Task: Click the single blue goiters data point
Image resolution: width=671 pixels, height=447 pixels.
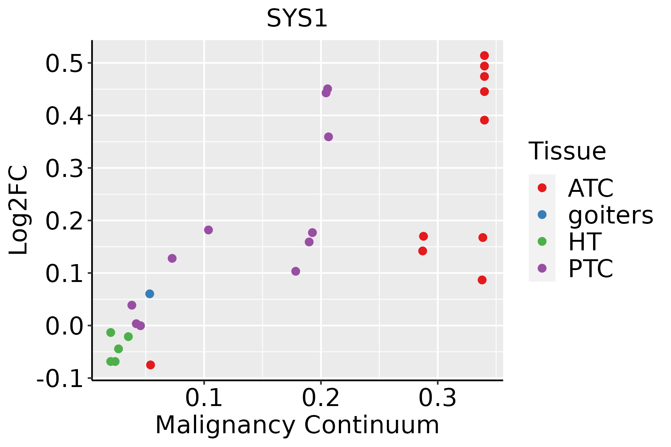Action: click(x=149, y=294)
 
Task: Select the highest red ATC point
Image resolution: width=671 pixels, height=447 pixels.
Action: click(x=484, y=56)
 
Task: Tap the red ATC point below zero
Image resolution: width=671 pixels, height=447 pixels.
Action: click(x=150, y=365)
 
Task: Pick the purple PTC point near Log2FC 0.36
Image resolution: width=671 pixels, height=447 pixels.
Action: click(x=328, y=137)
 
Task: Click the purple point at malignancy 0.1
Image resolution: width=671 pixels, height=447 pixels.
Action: click(x=208, y=230)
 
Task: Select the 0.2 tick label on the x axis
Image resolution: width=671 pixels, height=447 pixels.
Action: click(x=321, y=398)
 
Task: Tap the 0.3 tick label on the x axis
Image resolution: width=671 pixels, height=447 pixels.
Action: click(x=438, y=398)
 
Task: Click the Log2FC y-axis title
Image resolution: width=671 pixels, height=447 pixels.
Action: click(x=18, y=210)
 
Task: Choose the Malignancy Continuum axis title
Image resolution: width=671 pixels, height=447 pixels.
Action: click(x=297, y=425)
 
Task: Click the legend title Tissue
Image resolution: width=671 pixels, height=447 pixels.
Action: click(x=567, y=151)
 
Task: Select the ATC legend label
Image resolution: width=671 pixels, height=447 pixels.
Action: click(x=590, y=188)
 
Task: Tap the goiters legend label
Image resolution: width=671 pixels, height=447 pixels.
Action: click(x=611, y=215)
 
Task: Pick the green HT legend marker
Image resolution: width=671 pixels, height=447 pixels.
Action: click(x=542, y=241)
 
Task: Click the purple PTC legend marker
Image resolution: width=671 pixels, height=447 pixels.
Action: click(x=542, y=268)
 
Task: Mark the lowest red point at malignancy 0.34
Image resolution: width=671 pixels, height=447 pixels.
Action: click(x=482, y=280)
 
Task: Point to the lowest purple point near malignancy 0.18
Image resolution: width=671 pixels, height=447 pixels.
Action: click(x=296, y=271)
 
